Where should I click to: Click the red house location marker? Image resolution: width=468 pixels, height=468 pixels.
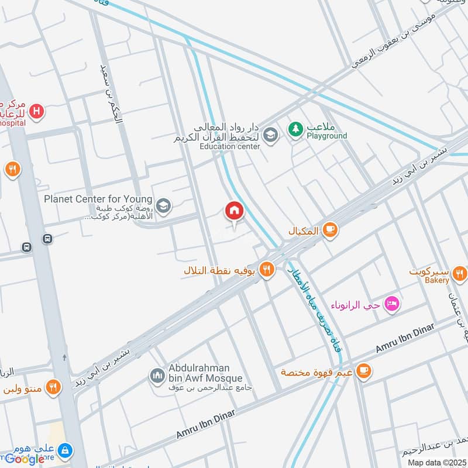click(234, 211)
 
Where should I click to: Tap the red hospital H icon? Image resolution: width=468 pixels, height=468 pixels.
click(37, 110)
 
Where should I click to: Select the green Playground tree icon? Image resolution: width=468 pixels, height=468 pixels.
click(295, 127)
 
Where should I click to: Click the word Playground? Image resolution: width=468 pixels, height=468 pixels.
click(327, 136)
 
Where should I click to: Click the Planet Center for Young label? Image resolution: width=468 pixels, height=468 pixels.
click(98, 199)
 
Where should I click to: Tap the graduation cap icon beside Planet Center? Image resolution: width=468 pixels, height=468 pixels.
click(164, 205)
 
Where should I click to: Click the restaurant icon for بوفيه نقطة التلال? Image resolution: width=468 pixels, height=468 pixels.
click(267, 270)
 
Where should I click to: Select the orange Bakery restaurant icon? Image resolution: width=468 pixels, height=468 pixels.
click(459, 273)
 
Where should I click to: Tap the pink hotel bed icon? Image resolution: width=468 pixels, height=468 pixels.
click(393, 304)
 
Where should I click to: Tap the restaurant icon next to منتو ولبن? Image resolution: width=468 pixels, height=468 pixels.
click(53, 387)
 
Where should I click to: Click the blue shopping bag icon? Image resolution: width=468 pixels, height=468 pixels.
click(66, 450)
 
